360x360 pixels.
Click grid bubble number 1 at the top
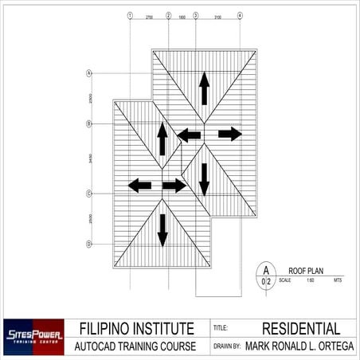[x=130, y=15]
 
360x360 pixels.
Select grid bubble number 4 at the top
[x=241, y=15]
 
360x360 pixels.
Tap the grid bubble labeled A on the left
[x=88, y=73]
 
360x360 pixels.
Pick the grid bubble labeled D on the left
[x=88, y=243]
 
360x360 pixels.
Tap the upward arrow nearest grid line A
[x=204, y=88]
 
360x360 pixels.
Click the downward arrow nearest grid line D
[x=162, y=229]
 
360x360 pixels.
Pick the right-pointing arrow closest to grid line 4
[x=229, y=134]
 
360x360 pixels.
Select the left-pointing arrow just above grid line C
[x=140, y=186]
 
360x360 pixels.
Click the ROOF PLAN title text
[x=303, y=271]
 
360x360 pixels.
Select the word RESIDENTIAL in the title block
[x=301, y=328]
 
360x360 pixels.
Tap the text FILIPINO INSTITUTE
[x=136, y=328]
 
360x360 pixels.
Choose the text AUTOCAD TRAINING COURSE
[x=136, y=347]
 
